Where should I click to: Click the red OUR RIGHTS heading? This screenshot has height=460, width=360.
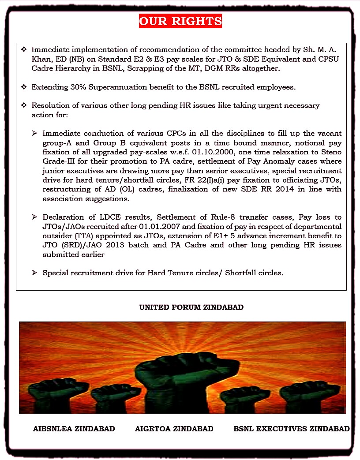[180, 21]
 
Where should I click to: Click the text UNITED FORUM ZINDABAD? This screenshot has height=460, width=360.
[191, 307]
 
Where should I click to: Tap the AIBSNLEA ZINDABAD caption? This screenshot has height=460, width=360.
[74, 429]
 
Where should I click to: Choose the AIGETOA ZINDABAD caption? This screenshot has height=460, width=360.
[174, 429]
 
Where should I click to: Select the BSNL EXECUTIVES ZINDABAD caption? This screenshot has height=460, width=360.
[292, 429]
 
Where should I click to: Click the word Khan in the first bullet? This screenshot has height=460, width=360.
[41, 60]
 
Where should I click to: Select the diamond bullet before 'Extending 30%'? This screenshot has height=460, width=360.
[24, 87]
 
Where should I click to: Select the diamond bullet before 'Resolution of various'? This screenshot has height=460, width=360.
[24, 106]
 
